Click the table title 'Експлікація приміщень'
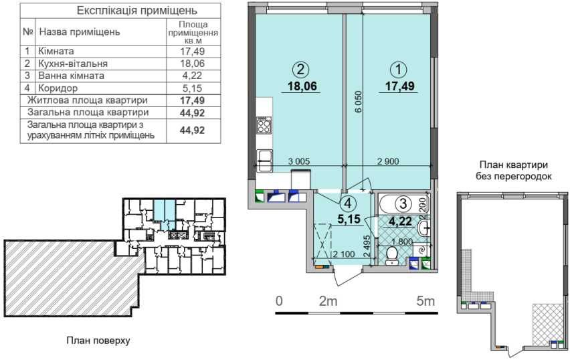[x=136, y=10]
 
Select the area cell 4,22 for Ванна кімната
[x=193, y=76]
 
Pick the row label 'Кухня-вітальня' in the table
[x=73, y=64]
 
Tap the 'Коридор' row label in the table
[x=58, y=88]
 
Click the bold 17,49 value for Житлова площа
[x=192, y=100]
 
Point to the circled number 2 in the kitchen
[x=300, y=70]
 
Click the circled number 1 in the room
[x=399, y=70]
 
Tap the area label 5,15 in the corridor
[x=348, y=219]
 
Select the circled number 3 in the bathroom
[x=403, y=203]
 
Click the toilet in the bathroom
[x=391, y=256]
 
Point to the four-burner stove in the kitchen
[x=264, y=124]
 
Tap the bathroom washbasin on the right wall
[x=424, y=228]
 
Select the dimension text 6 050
[x=359, y=102]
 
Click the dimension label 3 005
[x=299, y=161]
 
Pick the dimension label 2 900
[x=388, y=161]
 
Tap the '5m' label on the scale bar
[x=425, y=301]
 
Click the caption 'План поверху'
[x=98, y=341]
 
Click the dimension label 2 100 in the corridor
[x=343, y=254]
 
